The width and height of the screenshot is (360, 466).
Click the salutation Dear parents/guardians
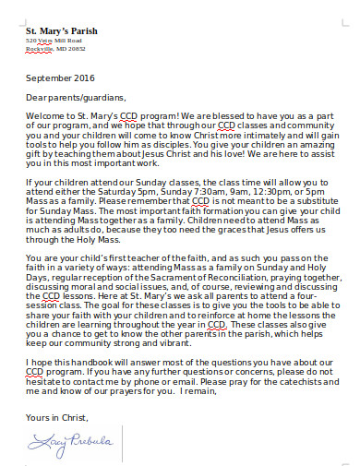75,96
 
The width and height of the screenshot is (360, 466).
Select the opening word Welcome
45,115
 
